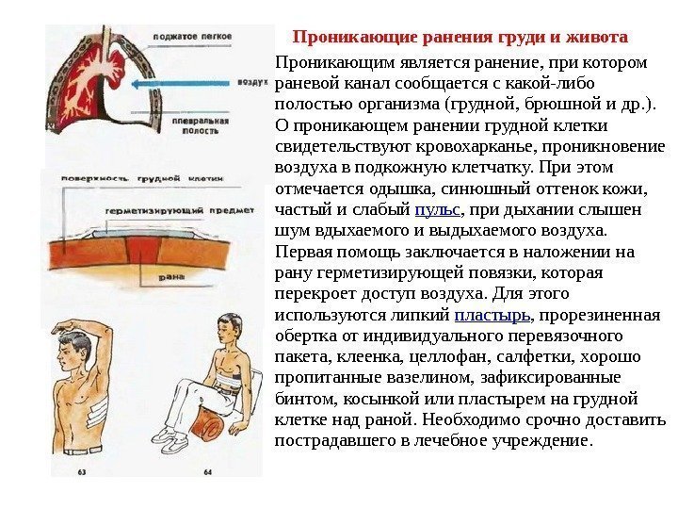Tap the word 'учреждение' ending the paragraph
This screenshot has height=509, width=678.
pyautogui.click(x=542, y=439)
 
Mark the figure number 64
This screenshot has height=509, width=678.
pyautogui.click(x=208, y=470)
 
